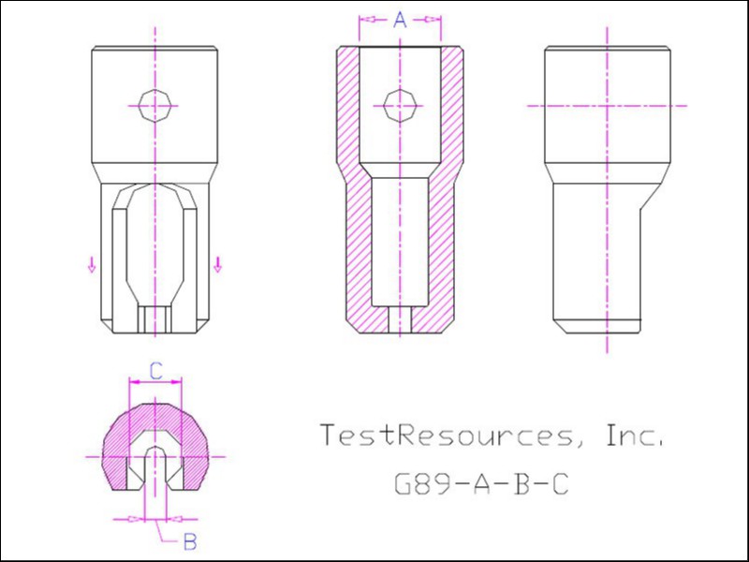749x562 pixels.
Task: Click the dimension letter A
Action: point(400,20)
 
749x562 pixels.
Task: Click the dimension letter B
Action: point(190,542)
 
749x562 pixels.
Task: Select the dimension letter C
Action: point(156,371)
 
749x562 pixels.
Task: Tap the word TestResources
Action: point(446,435)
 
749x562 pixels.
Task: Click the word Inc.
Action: point(635,435)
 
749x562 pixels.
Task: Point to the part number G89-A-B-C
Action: point(481,483)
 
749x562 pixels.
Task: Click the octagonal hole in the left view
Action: point(154,105)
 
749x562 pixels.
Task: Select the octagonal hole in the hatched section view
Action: point(401,105)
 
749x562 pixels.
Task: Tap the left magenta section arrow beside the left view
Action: point(92,264)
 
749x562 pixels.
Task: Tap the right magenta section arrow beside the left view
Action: point(218,264)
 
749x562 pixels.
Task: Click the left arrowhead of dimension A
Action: point(366,20)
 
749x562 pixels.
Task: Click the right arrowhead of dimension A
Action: point(433,20)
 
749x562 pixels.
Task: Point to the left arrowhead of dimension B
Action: point(137,519)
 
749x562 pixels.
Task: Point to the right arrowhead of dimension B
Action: point(173,519)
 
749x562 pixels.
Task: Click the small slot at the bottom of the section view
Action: point(401,319)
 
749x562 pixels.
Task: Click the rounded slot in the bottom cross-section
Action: point(155,468)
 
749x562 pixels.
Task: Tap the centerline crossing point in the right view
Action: point(607,106)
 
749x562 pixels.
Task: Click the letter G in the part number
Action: point(403,483)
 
